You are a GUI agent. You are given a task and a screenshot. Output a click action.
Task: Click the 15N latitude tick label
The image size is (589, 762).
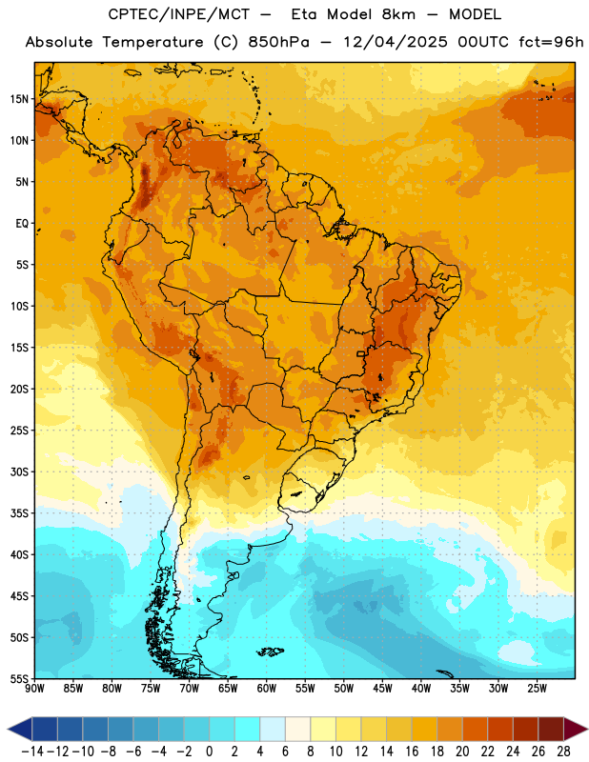point(19,99)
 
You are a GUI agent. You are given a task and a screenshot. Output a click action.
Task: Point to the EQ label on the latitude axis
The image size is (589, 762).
point(22,224)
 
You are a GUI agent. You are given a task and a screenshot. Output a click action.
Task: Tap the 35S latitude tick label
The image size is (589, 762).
point(19,513)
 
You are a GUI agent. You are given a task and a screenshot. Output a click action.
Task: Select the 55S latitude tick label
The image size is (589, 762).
point(19,678)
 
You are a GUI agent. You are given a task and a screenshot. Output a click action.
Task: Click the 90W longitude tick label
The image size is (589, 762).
point(34,689)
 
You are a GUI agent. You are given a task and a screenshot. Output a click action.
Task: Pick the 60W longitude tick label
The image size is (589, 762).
point(267,689)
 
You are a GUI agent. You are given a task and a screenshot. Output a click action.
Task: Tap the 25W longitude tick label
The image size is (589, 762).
point(537,689)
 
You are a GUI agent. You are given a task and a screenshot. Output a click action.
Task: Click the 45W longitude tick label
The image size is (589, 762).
point(382,689)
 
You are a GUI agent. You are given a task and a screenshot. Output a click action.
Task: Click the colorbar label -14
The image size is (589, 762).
point(32,752)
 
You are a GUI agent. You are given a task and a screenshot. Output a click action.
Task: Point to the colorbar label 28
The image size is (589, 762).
point(563,752)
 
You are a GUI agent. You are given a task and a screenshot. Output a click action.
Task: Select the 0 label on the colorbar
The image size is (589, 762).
point(209,752)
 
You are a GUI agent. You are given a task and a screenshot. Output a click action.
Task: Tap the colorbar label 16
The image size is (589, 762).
point(412,752)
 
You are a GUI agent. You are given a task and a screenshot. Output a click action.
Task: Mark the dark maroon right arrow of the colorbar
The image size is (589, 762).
point(575,729)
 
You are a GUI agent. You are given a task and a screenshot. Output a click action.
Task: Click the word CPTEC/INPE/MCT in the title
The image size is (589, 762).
point(179,14)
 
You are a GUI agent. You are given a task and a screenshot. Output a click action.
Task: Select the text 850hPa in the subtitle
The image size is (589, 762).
point(278,42)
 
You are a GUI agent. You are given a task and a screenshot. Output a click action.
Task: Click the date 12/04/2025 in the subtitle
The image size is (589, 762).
point(396,42)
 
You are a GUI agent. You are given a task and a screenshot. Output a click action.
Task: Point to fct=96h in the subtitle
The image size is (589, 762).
point(551,42)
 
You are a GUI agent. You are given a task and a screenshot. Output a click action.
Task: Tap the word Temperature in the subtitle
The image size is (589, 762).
point(152,43)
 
